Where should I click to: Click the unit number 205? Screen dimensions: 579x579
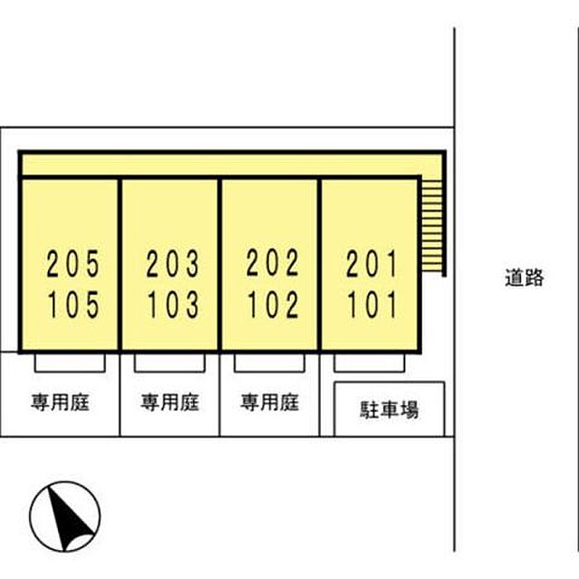click(x=73, y=263)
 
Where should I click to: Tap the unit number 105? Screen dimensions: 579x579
click(x=73, y=304)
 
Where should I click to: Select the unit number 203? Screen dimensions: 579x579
click(x=173, y=263)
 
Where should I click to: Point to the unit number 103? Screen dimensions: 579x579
click(x=173, y=304)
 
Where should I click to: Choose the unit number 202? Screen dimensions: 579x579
click(x=272, y=262)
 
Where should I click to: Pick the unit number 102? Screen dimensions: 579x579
click(x=272, y=304)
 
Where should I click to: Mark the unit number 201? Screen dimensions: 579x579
click(x=371, y=263)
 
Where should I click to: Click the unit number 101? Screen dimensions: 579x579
click(x=371, y=304)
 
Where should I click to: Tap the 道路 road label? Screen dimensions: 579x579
click(x=524, y=278)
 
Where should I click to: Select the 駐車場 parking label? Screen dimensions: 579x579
click(x=390, y=410)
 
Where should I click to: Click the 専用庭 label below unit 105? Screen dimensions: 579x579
click(x=60, y=402)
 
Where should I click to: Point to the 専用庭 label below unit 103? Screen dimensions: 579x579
click(x=170, y=402)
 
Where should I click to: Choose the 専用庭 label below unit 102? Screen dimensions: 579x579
click(x=270, y=402)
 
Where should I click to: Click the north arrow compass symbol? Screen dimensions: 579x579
click(x=65, y=517)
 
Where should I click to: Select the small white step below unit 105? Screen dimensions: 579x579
click(x=69, y=363)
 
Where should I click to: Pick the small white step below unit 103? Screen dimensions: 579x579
click(x=170, y=363)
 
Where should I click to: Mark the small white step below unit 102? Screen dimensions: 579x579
click(x=270, y=363)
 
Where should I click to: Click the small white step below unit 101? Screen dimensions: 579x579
click(x=369, y=363)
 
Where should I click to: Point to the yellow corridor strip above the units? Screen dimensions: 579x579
click(x=232, y=165)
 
